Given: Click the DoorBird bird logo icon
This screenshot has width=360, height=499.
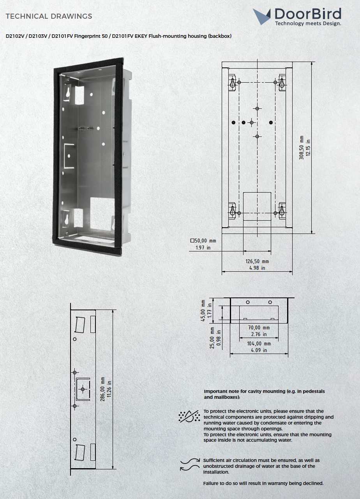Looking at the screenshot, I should pyautogui.click(x=262, y=16).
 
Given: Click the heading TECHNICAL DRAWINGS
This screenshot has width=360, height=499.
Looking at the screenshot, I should pyautogui.click(x=49, y=16).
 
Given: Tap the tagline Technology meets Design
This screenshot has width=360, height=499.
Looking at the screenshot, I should pyautogui.click(x=308, y=23).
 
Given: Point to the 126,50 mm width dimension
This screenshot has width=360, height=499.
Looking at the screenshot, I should pyautogui.click(x=257, y=262).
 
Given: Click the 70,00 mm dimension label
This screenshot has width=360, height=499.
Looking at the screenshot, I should pyautogui.click(x=259, y=328).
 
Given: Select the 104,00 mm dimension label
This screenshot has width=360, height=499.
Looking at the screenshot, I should pyautogui.click(x=259, y=344).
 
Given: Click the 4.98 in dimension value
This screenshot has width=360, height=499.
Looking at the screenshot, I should pyautogui.click(x=257, y=268).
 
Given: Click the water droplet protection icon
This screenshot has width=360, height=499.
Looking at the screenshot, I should pyautogui.click(x=188, y=416).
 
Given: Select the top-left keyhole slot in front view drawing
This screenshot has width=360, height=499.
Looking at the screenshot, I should pyautogui.click(x=232, y=83).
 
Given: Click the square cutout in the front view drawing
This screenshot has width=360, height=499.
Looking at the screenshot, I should pyautogui.click(x=257, y=205).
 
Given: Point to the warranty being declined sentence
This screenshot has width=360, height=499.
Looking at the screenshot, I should pyautogui.click(x=263, y=483).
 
